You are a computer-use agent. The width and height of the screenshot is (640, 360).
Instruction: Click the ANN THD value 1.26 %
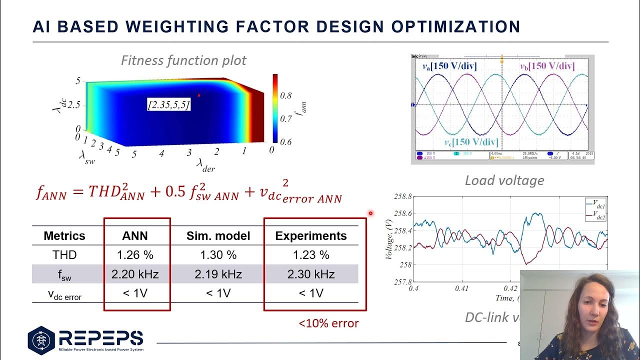[x=135, y=255]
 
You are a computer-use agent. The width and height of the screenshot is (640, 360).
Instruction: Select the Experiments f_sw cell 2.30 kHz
[x=311, y=274]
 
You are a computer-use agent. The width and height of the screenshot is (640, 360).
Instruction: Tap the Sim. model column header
[x=217, y=236]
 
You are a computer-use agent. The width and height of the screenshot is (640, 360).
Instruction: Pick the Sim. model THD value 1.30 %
[x=218, y=255]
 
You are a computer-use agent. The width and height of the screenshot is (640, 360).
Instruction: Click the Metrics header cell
[x=64, y=236]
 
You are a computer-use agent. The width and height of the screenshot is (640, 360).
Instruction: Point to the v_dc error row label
[x=64, y=294]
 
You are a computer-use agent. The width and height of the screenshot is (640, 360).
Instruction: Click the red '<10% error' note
[x=328, y=323]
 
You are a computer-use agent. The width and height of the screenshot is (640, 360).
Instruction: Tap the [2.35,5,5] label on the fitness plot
[x=169, y=105]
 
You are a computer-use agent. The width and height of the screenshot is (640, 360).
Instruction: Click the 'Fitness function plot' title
[x=183, y=60]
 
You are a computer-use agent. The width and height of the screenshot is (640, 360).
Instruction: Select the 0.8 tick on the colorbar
[x=285, y=95]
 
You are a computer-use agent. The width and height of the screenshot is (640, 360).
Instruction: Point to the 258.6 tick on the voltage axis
[x=403, y=213]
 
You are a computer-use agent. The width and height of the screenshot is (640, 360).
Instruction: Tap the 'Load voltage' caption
[x=504, y=180]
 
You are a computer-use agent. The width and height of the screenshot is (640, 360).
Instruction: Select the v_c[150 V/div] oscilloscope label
[x=471, y=142]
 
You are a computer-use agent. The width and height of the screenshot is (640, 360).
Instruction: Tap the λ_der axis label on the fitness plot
[x=205, y=164]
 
